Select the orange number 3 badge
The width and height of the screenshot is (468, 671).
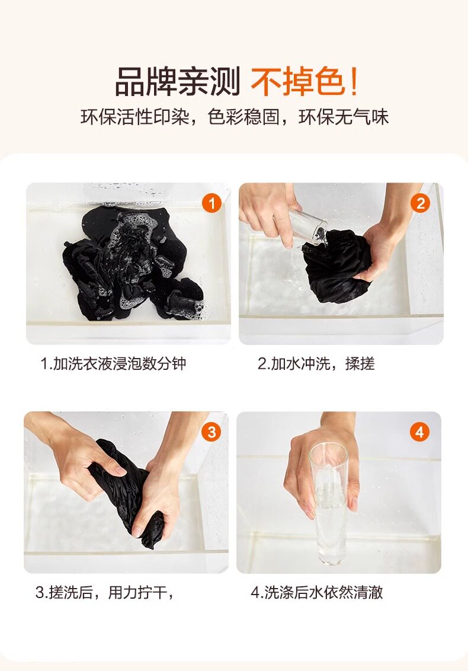click(x=211, y=432)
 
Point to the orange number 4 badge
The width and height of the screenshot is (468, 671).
click(x=419, y=432)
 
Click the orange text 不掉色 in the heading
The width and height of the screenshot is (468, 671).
click(x=298, y=82)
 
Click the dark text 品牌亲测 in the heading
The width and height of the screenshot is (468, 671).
click(x=178, y=82)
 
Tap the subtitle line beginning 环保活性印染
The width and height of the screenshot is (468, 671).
click(x=235, y=117)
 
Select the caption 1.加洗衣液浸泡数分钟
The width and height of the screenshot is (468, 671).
click(x=113, y=364)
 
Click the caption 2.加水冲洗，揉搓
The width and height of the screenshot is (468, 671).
click(x=316, y=364)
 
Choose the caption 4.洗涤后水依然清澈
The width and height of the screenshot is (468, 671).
click(x=316, y=593)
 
